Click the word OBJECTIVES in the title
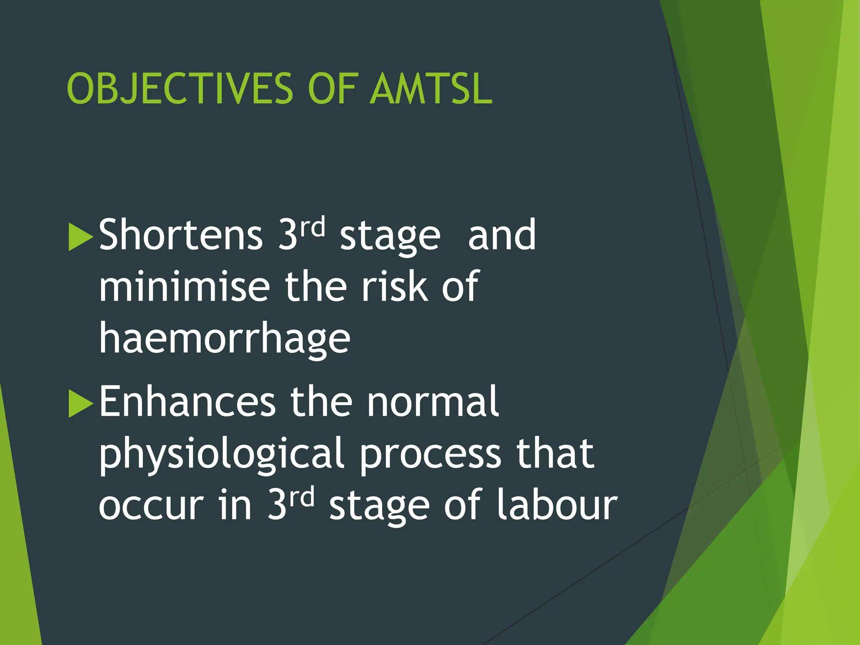tap(180, 89)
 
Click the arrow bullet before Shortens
tap(80, 237)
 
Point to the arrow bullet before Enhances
tap(80, 404)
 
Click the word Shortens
tap(181, 235)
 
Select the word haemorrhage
tap(224, 339)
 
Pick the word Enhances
tap(187, 402)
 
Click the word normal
tap(433, 402)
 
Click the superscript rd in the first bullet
tap(312, 227)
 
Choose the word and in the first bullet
tap(502, 235)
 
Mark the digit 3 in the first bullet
tap(288, 235)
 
